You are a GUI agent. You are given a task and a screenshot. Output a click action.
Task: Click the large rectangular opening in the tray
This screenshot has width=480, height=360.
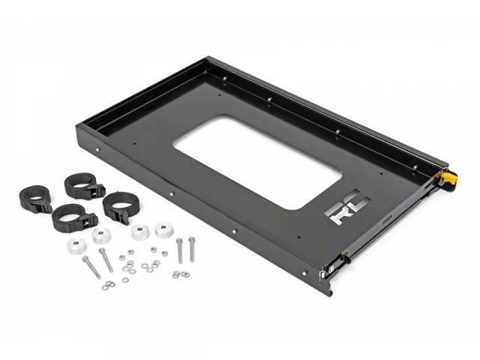coord(257,162)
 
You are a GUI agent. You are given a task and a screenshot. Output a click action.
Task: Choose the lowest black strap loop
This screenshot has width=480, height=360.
coord(74,217)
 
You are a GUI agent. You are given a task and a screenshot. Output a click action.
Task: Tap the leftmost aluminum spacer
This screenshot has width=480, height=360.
coord(76,246)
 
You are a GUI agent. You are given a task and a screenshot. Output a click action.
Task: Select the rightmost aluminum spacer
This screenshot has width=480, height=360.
coord(164,229)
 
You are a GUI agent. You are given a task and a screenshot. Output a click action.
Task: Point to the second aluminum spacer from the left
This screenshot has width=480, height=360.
coord(101,235)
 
